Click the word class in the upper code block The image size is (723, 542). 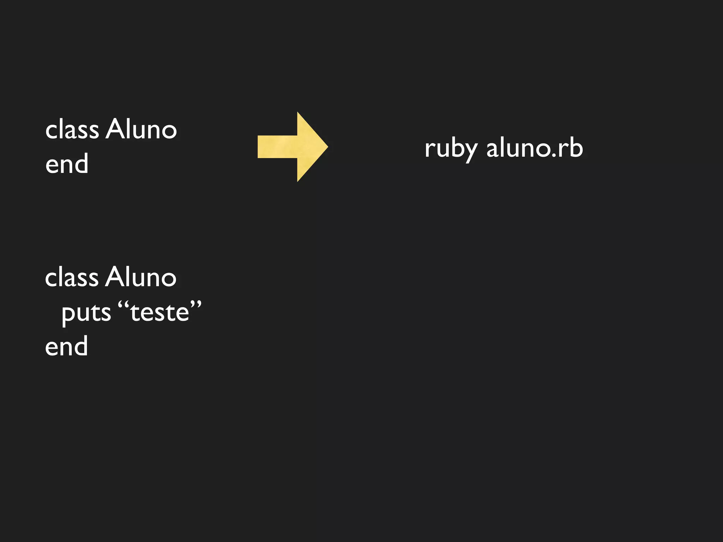pos(72,130)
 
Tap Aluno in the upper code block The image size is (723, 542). pos(141,129)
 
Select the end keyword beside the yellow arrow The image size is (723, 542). pos(67,164)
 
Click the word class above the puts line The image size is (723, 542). pos(72,277)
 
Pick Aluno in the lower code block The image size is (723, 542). pos(141,277)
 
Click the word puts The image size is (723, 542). pos(86,313)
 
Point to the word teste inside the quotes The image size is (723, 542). pos(160,313)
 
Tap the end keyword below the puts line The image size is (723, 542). pos(66,346)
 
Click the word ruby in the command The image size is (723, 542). pos(451,149)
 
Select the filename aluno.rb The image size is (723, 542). pos(534,148)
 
